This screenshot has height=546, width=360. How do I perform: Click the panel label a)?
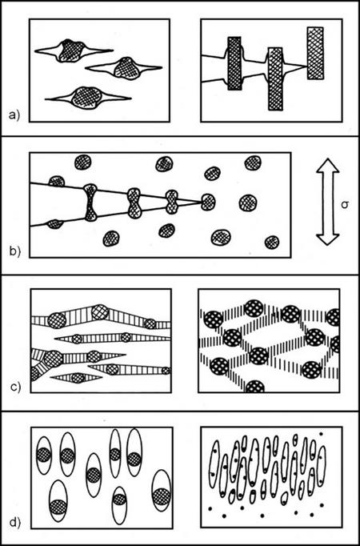coord(14,114)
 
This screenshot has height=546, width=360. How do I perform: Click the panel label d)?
coord(14,522)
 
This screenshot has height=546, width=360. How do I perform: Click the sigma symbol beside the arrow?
coord(346,206)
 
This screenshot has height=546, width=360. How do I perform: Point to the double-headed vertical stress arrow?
coord(328,202)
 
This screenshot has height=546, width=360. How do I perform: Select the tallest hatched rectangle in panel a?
coord(275,79)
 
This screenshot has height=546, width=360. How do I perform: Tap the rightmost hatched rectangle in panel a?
coord(315,53)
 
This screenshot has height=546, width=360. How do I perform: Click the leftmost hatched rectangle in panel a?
coord(234,63)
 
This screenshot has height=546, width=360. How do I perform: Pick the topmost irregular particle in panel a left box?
coord(71,51)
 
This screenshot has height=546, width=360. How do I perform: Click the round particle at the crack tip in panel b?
coord(208,201)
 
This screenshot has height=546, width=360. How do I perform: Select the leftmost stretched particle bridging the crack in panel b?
coord(90,203)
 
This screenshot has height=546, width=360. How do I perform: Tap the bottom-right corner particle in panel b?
coord(272,243)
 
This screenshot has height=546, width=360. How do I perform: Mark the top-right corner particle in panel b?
coord(253,163)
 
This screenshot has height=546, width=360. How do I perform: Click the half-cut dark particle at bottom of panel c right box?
coord(255,386)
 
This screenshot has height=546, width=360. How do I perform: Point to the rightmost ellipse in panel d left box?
coord(162,495)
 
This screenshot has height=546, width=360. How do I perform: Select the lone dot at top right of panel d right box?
coord(321,434)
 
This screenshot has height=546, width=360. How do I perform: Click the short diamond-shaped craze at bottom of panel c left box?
coord(77,378)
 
